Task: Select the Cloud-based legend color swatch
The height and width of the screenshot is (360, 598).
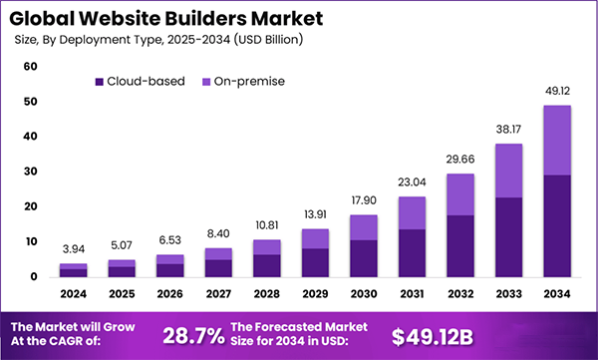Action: coord(100,81)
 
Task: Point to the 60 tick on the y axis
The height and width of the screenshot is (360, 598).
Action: coord(30,66)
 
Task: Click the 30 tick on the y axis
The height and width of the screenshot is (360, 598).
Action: coord(30,172)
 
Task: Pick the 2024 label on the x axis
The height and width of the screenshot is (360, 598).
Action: coord(73,294)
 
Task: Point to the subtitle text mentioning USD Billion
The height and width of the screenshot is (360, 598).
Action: coord(159,40)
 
